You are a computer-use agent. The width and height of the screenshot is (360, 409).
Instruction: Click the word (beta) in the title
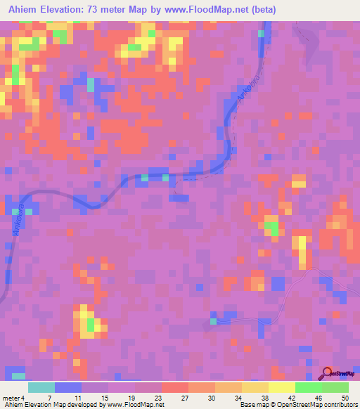pyautogui.click(x=264, y=10)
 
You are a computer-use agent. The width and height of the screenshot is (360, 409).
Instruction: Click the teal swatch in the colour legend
pyautogui.click(x=41, y=387)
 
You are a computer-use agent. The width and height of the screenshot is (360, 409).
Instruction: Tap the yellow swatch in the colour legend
pyautogui.click(x=281, y=387)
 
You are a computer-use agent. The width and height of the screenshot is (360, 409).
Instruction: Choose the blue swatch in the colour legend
pyautogui.click(x=68, y=387)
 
